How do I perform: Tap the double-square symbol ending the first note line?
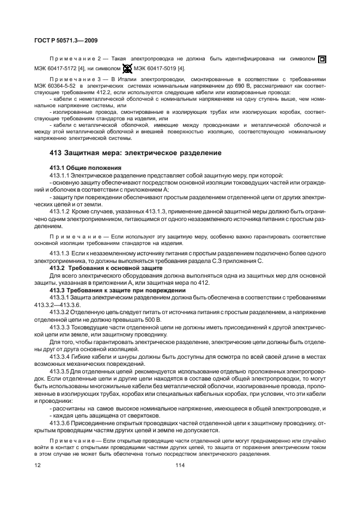tap(322, 59)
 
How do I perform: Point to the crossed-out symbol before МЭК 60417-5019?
tap(127, 69)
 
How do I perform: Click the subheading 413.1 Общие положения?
tap(85, 168)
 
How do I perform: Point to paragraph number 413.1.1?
tap(59, 174)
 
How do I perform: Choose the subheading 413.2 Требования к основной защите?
tap(106, 268)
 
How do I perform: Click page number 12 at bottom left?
tap(38, 464)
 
